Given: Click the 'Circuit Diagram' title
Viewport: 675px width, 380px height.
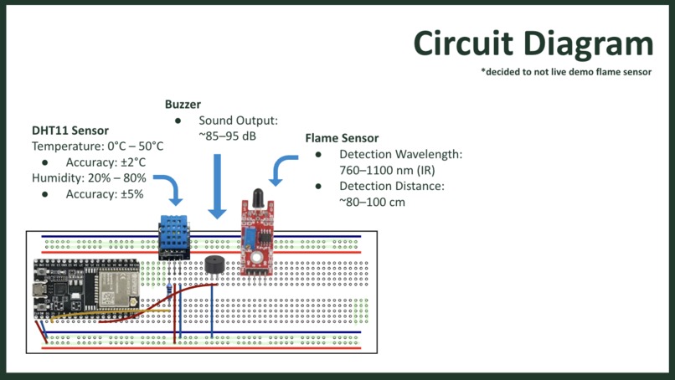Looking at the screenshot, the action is point(533,44).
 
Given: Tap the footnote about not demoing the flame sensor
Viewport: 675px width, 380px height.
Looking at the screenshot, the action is point(566,72).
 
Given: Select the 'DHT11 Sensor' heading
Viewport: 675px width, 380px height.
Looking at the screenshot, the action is point(70,131).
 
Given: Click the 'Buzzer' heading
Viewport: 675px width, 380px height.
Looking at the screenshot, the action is point(183,104).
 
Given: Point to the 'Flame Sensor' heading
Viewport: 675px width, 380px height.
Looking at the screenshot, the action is point(342,138).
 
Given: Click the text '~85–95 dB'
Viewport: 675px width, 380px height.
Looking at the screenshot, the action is point(227,136).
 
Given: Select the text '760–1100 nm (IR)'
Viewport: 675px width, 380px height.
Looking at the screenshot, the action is point(387,171).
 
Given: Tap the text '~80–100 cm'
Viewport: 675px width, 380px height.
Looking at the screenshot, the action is point(372,202).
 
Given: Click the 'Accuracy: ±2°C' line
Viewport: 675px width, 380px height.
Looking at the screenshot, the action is point(106,162).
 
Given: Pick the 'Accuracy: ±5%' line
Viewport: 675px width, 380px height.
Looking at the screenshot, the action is point(105,194).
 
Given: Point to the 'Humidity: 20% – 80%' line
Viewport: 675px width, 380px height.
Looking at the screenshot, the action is point(89,178).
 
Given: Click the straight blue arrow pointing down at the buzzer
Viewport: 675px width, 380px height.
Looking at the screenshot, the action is point(217,187).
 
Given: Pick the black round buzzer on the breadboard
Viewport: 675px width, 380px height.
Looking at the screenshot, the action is point(214,264).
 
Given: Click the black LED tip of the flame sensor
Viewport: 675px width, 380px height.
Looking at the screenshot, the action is point(258,198).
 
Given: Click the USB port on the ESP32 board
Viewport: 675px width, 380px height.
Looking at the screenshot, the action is point(39,290).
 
